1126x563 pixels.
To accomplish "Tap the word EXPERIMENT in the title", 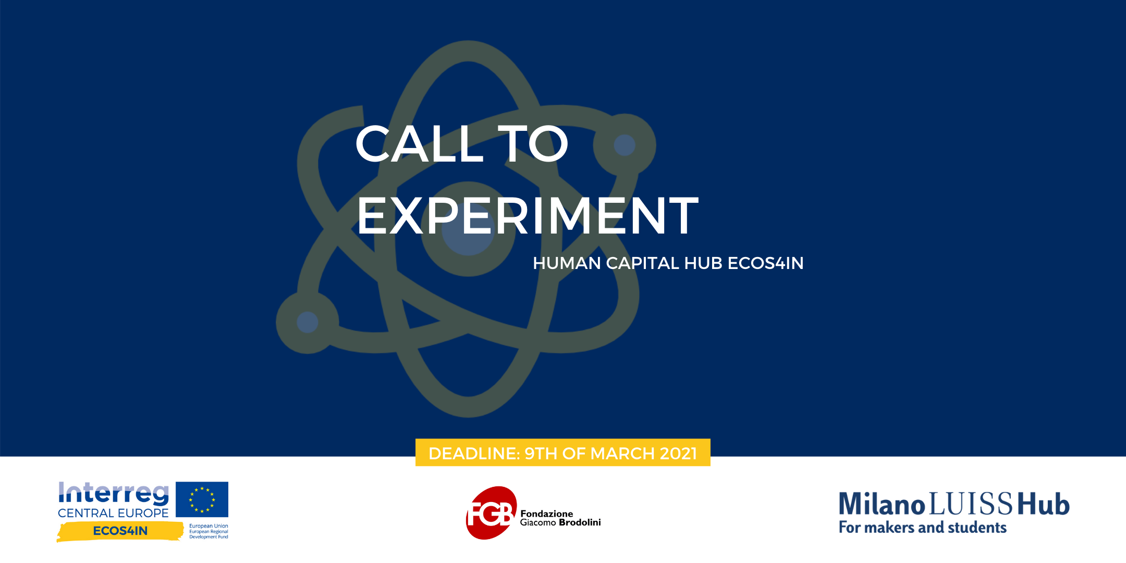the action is (x=528, y=215).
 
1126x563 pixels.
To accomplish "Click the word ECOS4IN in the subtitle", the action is (x=765, y=263).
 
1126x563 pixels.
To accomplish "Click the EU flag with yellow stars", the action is (x=202, y=499).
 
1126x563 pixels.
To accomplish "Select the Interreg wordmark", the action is (x=114, y=494).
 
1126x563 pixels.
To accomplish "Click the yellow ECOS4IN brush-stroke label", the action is (x=120, y=531).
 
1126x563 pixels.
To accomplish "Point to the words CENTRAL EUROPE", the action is (x=113, y=513).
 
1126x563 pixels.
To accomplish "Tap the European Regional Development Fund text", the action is (x=209, y=531).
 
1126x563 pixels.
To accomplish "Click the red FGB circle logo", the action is (x=491, y=513).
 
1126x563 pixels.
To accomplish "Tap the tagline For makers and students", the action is (x=923, y=528).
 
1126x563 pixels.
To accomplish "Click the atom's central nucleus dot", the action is (x=468, y=229).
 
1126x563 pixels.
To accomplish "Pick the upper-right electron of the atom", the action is (x=625, y=145).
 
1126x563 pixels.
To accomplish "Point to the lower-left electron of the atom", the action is (x=308, y=322).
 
